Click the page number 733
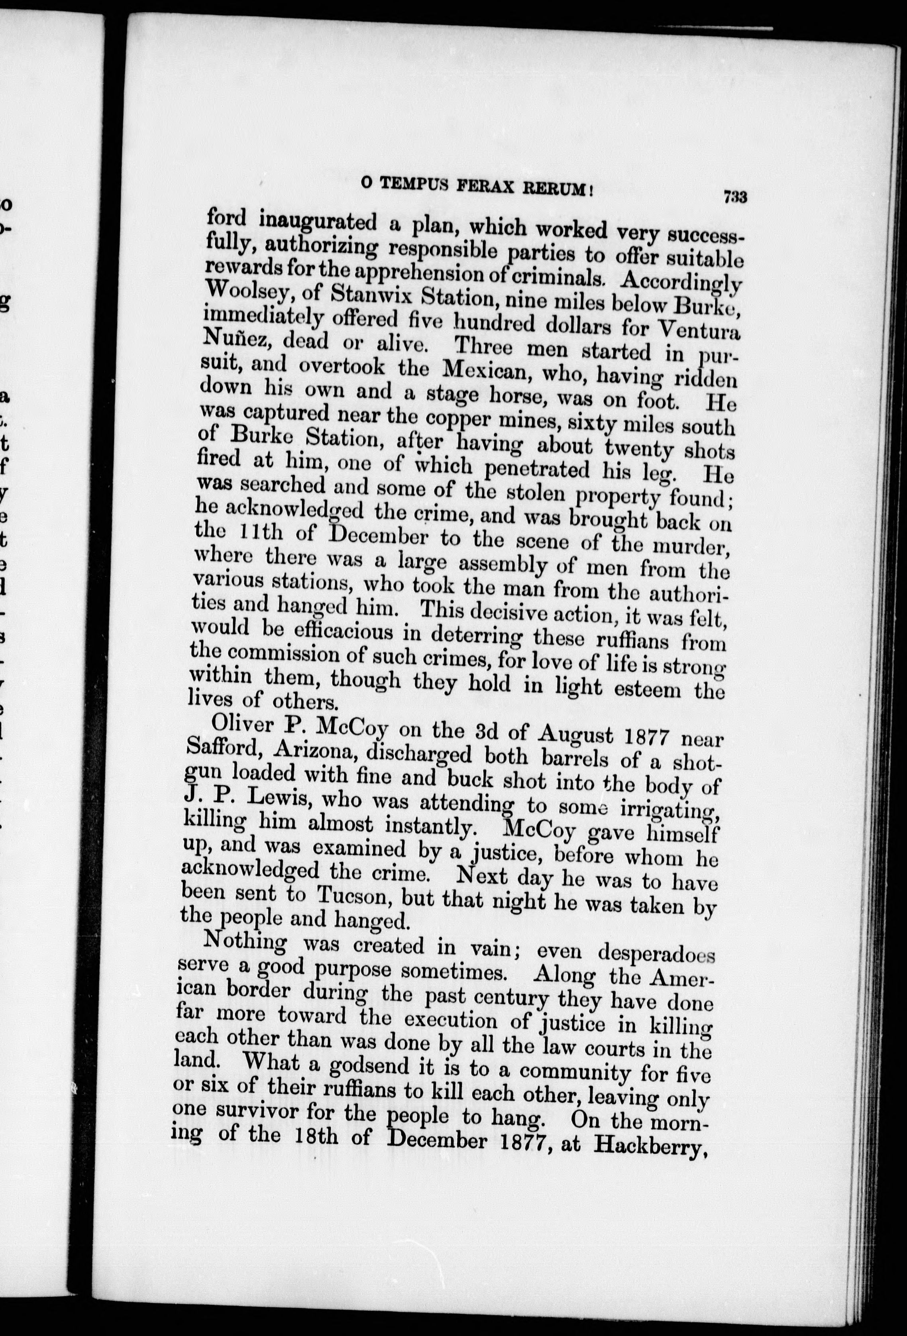pos(735,197)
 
